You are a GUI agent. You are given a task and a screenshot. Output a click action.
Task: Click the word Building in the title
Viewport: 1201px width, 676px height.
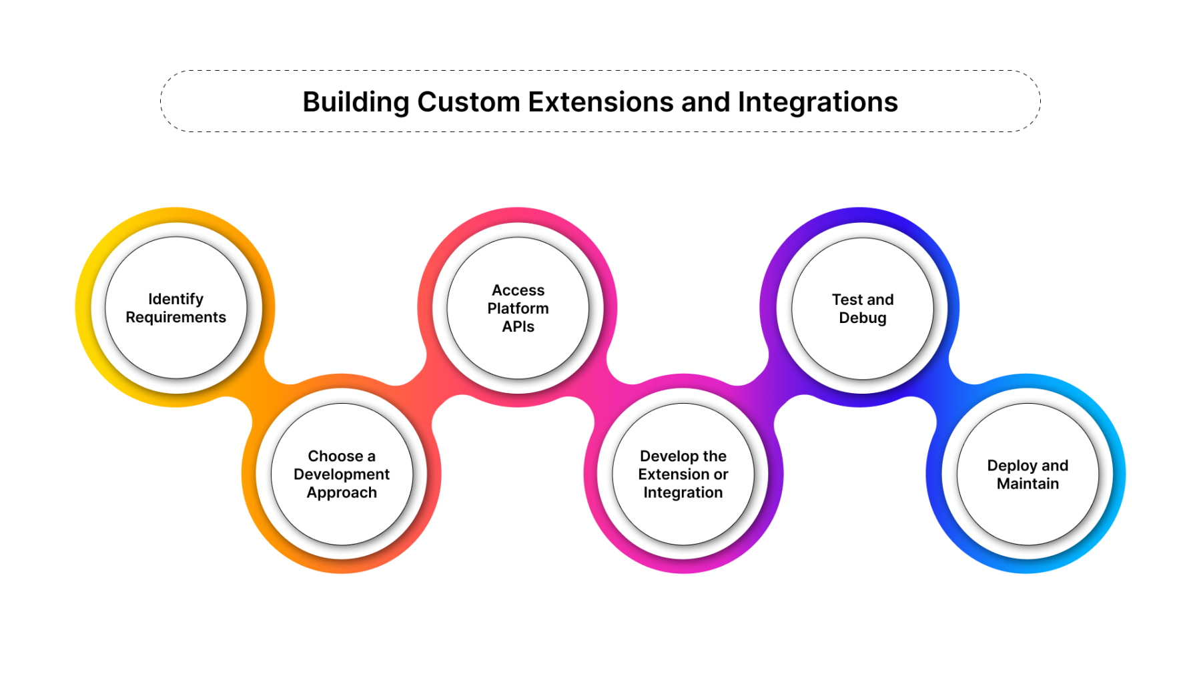pyautogui.click(x=356, y=102)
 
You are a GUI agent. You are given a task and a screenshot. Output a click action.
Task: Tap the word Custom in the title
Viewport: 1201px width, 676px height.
pyautogui.click(x=468, y=102)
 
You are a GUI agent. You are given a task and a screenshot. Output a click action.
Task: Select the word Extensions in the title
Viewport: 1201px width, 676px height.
pyautogui.click(x=600, y=102)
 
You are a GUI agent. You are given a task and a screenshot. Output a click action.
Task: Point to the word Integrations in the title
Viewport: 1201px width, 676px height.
pyautogui.click(x=817, y=102)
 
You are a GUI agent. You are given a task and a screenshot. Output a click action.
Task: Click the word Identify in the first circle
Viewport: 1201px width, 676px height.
pyautogui.click(x=175, y=299)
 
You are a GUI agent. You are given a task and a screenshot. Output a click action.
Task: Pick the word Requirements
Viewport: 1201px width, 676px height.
pyautogui.click(x=175, y=318)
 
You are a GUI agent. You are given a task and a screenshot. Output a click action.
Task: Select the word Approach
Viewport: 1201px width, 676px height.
pyautogui.click(x=342, y=492)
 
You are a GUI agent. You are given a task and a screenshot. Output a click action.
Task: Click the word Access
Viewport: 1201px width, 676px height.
pyautogui.click(x=518, y=290)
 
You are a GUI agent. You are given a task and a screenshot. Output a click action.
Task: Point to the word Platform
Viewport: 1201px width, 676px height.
pyautogui.click(x=518, y=308)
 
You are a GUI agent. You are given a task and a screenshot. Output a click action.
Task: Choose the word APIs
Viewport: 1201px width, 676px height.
pyautogui.click(x=518, y=326)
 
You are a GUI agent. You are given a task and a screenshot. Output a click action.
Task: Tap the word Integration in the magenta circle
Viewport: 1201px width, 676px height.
pyautogui.click(x=683, y=492)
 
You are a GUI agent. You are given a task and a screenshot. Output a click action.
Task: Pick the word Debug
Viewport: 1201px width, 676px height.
pyautogui.click(x=862, y=318)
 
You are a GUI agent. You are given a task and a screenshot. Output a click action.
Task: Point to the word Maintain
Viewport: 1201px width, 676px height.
pyautogui.click(x=1028, y=484)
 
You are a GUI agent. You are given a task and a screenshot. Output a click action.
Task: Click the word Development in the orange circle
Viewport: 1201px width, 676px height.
pyautogui.click(x=342, y=474)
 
